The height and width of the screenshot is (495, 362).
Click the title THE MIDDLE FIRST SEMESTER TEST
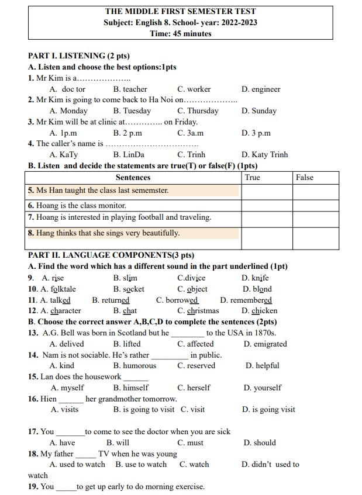(180, 11)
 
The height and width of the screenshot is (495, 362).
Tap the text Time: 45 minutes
(180, 33)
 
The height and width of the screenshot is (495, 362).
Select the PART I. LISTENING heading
(78, 56)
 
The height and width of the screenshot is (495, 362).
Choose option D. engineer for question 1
(260, 89)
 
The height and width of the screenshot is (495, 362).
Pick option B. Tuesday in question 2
(132, 111)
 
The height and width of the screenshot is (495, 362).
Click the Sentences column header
(133, 178)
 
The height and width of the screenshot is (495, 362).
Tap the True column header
(253, 178)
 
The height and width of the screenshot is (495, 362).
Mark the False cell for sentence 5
(315, 191)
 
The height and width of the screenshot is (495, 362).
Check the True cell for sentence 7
(267, 218)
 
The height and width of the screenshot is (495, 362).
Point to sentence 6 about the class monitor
(77, 206)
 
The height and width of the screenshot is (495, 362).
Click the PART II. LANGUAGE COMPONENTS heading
(111, 255)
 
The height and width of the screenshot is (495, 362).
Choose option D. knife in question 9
(255, 278)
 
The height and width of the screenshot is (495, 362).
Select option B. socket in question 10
(129, 289)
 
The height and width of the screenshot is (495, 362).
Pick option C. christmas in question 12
(198, 311)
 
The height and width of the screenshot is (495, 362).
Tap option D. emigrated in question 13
(265, 344)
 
